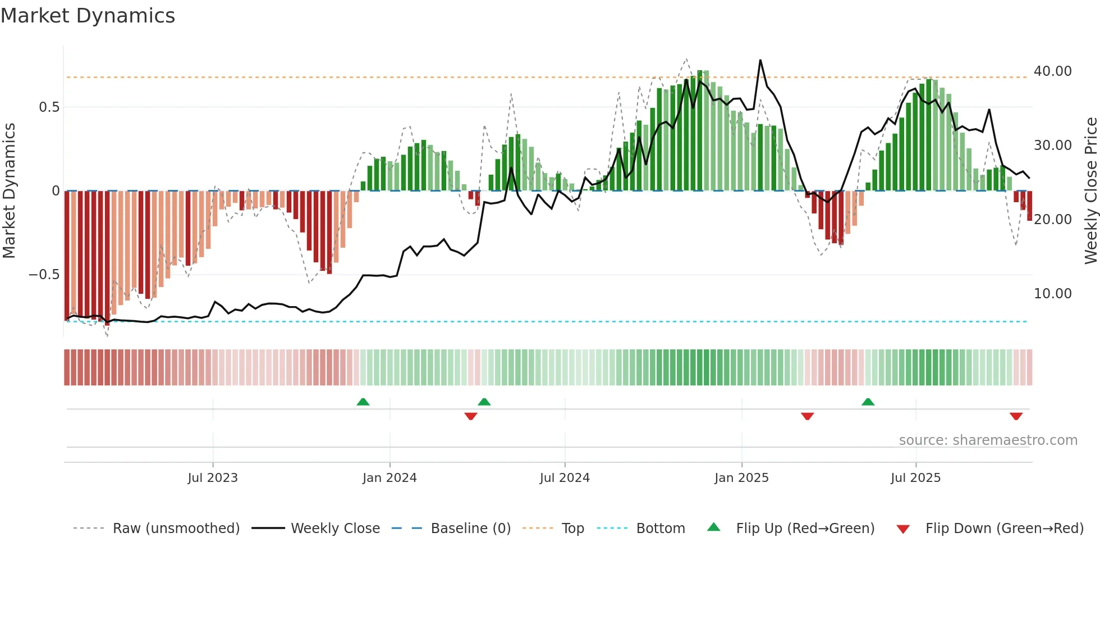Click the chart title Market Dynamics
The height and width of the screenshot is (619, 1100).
point(88,16)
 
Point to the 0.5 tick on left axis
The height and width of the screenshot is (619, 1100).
point(49,107)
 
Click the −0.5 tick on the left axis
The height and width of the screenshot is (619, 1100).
point(44,275)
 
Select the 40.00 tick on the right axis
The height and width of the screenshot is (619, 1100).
point(1052,71)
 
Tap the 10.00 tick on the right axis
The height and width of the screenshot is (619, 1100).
point(1052,294)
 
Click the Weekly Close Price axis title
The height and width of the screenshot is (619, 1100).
point(1090,191)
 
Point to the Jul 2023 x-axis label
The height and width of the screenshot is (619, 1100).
point(213,478)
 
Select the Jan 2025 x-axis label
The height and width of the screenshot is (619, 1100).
point(741,478)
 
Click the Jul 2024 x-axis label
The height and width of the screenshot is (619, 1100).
point(565,478)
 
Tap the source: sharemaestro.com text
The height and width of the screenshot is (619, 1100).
point(988,440)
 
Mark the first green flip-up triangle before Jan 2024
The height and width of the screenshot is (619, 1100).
point(363,402)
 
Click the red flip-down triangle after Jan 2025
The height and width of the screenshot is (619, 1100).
point(807,416)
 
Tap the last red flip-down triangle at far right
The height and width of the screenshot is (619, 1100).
point(1016,416)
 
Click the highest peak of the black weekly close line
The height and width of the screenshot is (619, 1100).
point(760,60)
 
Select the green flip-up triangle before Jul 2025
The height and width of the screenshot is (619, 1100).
point(868,402)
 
